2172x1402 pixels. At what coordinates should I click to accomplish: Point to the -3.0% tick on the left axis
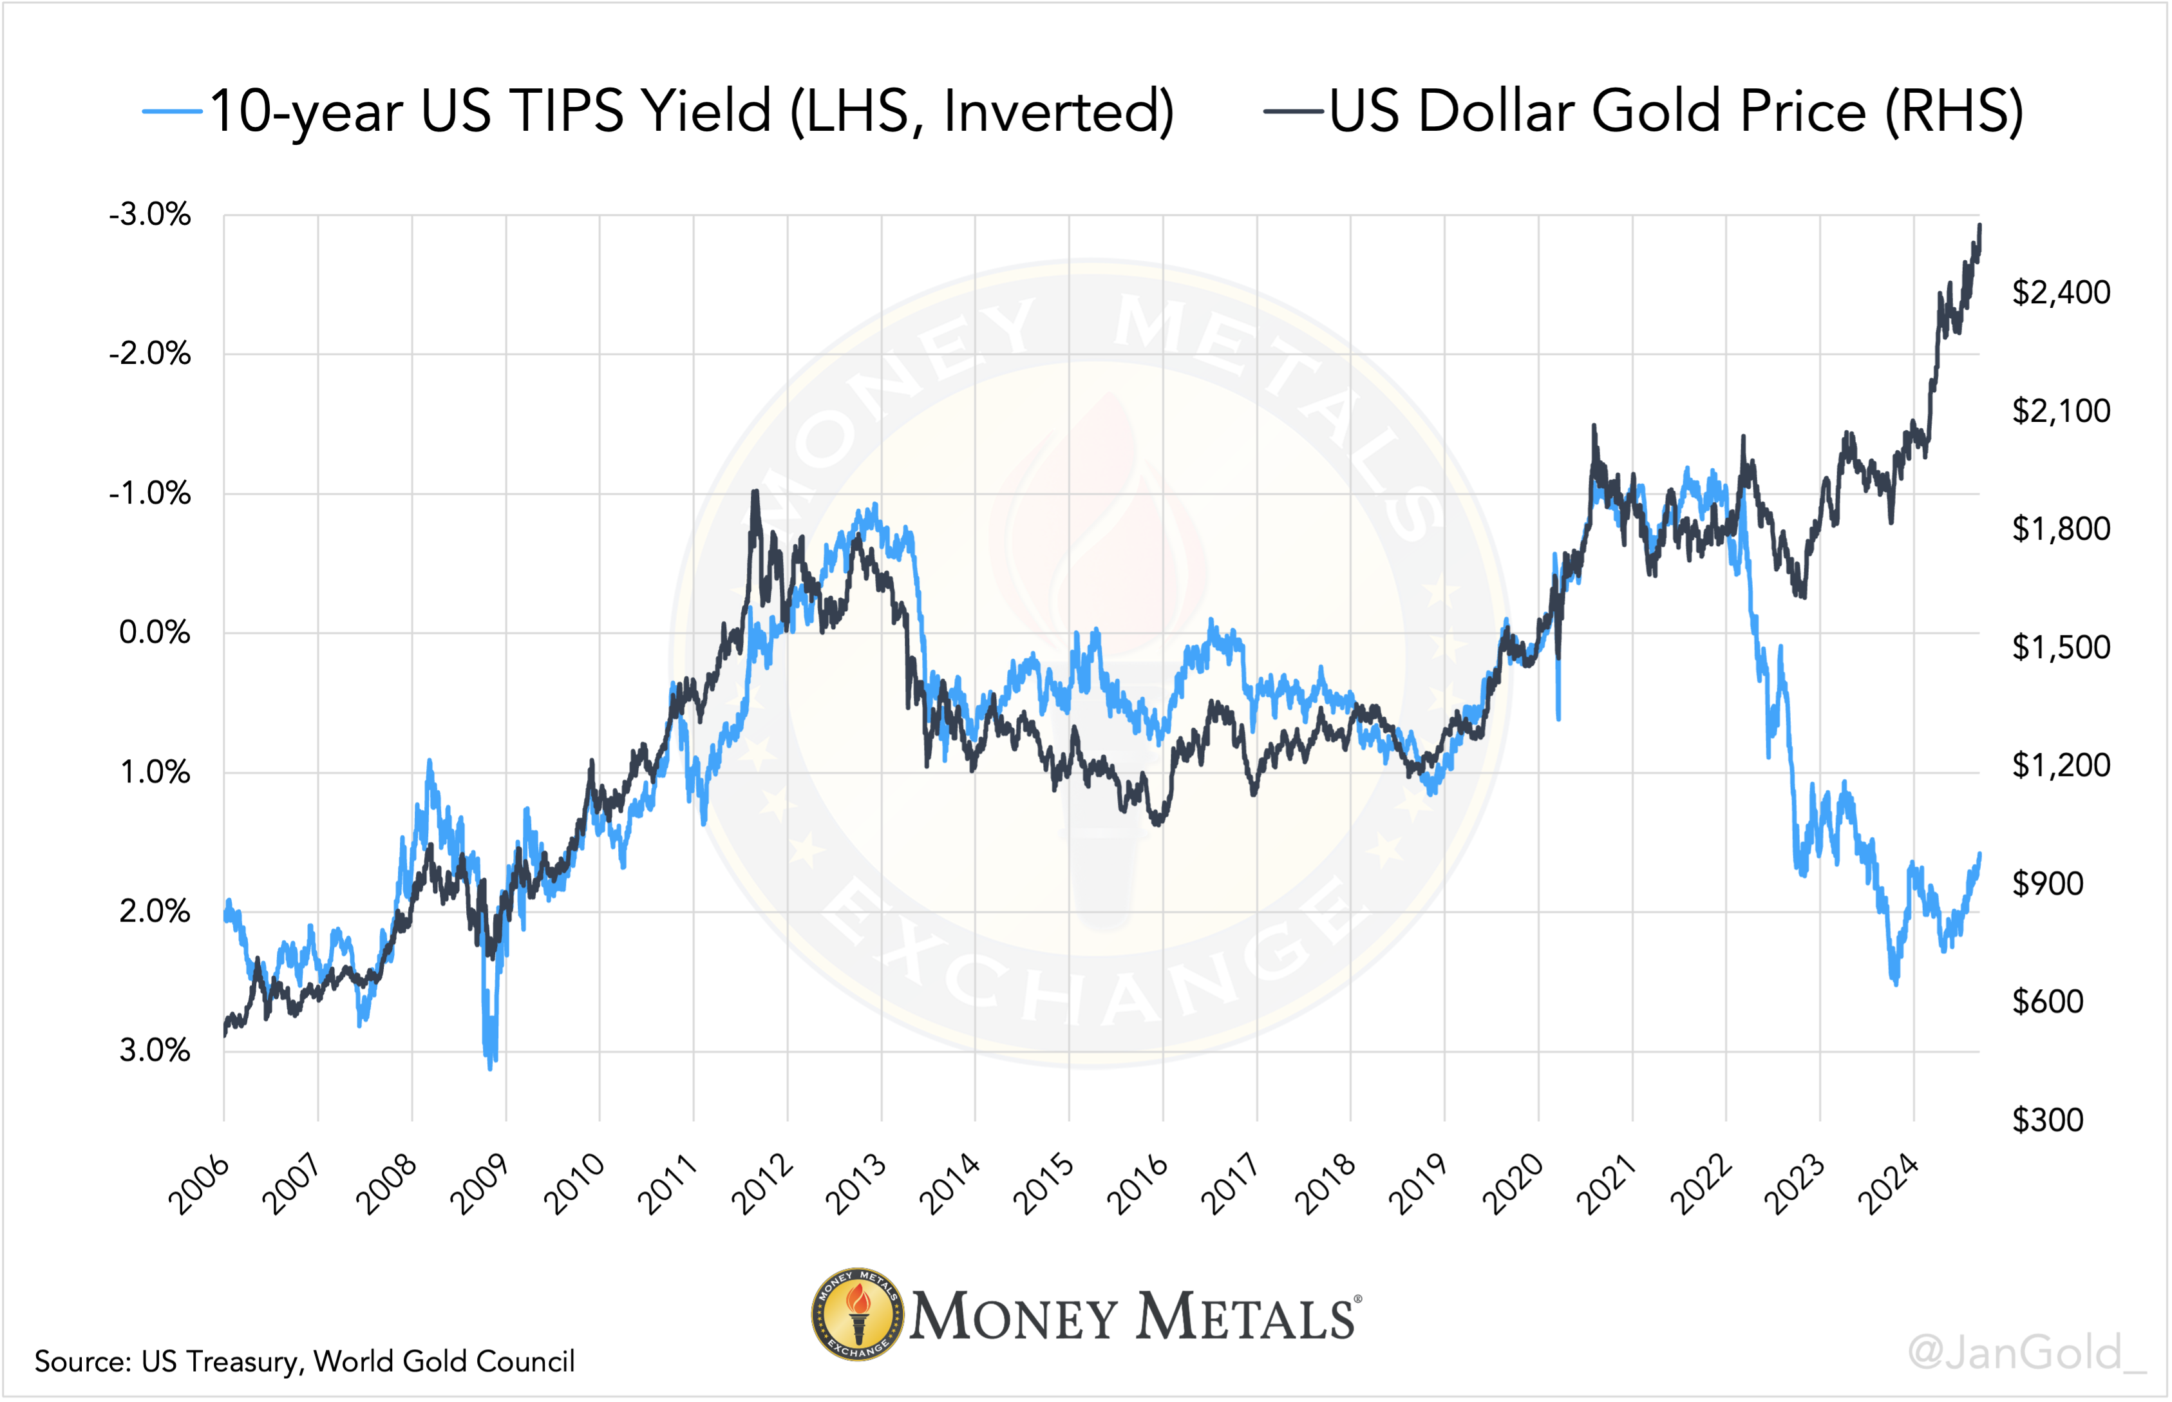[150, 216]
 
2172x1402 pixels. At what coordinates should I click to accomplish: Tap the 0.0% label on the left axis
[155, 632]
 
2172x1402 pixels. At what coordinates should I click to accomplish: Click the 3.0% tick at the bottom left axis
[155, 1050]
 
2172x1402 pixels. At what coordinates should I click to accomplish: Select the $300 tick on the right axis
[2047, 1120]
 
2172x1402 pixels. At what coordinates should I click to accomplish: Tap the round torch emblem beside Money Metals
[858, 1314]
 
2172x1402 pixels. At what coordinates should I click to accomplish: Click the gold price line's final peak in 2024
[1980, 225]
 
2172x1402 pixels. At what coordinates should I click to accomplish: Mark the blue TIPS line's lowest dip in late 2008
[490, 1068]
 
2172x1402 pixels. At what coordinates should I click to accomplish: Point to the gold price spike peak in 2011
[755, 491]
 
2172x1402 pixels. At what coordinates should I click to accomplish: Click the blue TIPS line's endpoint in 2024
[1980, 854]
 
